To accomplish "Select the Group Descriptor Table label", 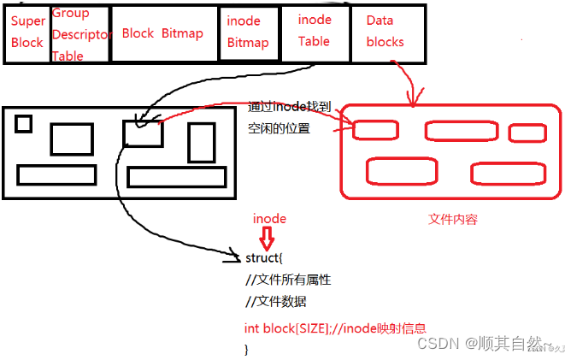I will coord(79,35).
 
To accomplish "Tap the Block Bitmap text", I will coord(162,33).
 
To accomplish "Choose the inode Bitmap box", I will coord(247,32).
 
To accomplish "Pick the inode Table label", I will coord(314,30).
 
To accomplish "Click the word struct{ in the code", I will coord(262,257).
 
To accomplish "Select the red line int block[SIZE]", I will coord(335,328).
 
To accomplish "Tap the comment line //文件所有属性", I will coord(287,280).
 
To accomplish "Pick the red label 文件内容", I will coord(452,220).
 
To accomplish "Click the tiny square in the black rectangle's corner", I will coord(24,124).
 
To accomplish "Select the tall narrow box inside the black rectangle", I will coord(201,142).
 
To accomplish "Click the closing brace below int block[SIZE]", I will coord(246,349).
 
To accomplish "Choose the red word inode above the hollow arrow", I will coord(269,219).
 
